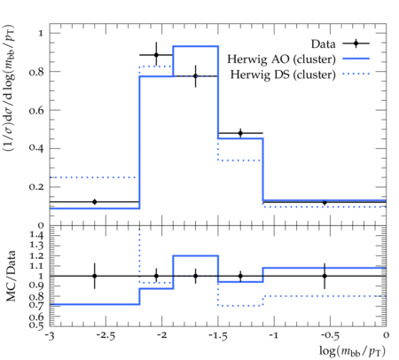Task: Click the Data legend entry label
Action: tap(323, 44)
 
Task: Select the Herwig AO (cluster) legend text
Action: tap(281, 59)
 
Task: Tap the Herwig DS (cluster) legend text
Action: tap(283, 74)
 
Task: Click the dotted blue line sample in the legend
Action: tap(356, 74)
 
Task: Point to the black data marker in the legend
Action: tap(356, 43)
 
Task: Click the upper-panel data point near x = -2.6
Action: tap(95, 202)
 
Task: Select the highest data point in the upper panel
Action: tap(156, 55)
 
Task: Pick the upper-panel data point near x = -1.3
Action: tap(240, 133)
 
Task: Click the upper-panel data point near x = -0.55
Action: tap(325, 202)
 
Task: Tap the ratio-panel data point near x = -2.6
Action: tap(95, 276)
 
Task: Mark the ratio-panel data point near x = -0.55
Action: tap(325, 276)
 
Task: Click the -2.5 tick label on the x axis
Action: tap(106, 336)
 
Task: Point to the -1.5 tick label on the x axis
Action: tap(218, 336)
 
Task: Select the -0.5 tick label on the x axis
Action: tap(330, 336)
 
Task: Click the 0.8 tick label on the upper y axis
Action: tap(36, 72)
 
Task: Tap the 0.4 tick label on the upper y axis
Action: tap(36, 147)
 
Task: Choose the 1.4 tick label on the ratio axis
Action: tap(36, 235)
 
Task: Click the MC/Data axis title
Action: tap(11, 276)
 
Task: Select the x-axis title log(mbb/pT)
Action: tap(352, 351)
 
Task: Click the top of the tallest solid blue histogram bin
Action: tap(196, 46)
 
